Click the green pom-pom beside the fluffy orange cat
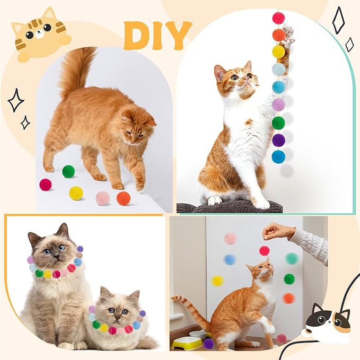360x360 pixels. [68, 171]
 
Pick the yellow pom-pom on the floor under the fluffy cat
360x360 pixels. [76, 193]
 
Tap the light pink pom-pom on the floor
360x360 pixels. [102, 198]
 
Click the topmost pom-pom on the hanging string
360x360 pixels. [278, 18]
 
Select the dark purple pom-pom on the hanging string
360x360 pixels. [278, 140]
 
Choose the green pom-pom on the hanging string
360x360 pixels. [278, 122]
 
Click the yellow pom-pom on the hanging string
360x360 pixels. [278, 51]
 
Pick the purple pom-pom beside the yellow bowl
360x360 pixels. [209, 344]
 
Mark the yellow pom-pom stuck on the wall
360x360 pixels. [217, 280]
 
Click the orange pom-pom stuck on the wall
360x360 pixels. [288, 298]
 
